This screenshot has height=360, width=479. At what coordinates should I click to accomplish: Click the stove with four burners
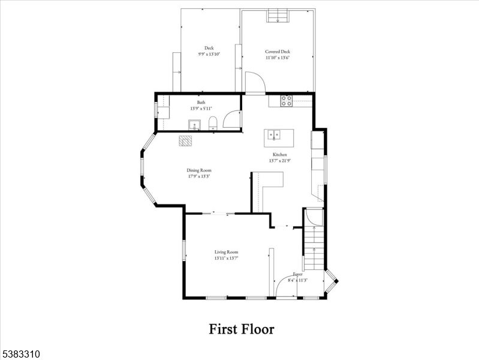(x=287, y=101)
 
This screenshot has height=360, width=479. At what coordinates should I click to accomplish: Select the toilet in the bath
(x=212, y=124)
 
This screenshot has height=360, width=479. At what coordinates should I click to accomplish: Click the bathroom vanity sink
(x=194, y=125)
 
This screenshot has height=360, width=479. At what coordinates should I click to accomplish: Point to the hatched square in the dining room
(x=186, y=140)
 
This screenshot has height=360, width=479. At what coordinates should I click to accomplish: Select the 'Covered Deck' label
(x=277, y=52)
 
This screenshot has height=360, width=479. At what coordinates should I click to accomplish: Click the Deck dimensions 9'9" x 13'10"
(x=209, y=54)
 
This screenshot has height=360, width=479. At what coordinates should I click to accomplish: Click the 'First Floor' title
(x=241, y=329)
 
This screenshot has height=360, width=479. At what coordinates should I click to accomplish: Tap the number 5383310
(x=20, y=355)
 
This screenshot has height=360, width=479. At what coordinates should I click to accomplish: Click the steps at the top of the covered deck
(x=278, y=16)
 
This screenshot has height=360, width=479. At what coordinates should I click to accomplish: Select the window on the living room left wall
(x=183, y=250)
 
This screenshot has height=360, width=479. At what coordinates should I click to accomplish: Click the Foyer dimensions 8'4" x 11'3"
(x=298, y=280)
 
